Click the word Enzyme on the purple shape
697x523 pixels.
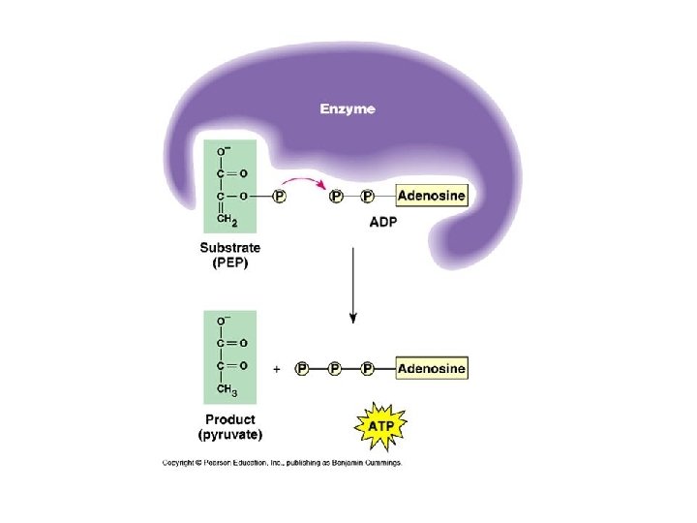point(348,109)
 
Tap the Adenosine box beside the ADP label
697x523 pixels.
point(432,196)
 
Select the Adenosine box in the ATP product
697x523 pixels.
point(432,368)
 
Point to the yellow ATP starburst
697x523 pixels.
point(380,423)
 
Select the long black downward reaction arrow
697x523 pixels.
point(353,286)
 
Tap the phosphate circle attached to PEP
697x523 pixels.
point(280,197)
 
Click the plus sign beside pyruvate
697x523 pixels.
point(277,369)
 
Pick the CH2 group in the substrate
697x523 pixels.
point(227,219)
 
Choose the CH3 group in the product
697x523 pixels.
point(227,389)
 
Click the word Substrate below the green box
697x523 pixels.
point(229,248)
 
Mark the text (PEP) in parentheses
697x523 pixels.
point(229,263)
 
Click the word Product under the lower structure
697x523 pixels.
point(230,419)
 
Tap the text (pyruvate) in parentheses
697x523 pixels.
point(230,435)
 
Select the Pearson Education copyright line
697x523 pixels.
point(281,463)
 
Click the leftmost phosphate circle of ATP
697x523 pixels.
point(302,369)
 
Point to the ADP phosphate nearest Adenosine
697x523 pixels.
point(368,197)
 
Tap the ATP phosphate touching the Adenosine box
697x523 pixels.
point(368,369)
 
